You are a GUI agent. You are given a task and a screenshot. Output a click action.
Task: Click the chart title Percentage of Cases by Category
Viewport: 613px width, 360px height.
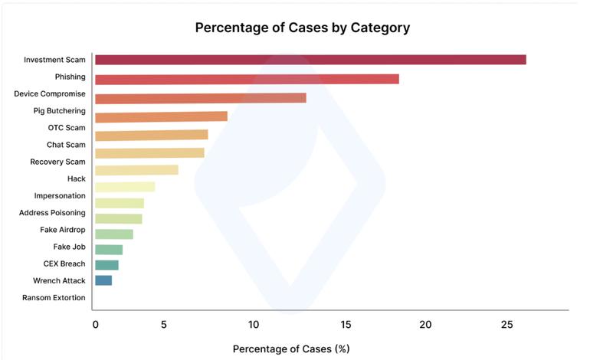(302, 28)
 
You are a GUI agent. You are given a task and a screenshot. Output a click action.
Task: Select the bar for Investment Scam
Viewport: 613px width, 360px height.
(310, 60)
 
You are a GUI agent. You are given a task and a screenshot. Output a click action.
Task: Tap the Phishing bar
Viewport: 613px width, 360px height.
(247, 79)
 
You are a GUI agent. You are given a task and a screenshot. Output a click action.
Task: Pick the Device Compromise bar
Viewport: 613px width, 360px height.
(200, 98)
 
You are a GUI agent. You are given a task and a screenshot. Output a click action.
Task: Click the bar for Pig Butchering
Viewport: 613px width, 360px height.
(161, 116)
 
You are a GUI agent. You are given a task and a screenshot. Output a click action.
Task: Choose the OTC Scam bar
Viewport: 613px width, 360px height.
(151, 135)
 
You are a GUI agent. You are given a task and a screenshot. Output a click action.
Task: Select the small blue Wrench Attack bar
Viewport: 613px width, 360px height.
(103, 280)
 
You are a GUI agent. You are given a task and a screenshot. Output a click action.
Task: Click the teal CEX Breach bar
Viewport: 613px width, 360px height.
(107, 264)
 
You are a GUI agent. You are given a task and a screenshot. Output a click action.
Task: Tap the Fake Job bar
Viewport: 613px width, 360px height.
(109, 249)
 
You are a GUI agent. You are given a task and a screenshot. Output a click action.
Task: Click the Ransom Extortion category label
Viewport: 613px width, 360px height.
(54, 297)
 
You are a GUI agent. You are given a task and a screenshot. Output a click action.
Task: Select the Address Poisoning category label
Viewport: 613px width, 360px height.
(52, 212)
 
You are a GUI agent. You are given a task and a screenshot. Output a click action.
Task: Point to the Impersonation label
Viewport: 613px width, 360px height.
(60, 195)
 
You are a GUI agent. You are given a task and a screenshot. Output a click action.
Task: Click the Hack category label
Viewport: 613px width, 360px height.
(77, 178)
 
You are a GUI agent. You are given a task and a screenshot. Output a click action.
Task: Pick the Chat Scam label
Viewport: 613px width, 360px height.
(66, 144)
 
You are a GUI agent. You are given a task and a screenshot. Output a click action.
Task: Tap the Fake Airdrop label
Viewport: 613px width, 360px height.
(63, 230)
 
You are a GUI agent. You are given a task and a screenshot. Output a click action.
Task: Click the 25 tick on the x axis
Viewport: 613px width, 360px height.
(506, 325)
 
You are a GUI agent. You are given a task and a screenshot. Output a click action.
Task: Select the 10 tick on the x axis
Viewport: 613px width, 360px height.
(254, 325)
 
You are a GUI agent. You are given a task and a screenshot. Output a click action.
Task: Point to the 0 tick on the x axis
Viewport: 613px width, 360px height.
(95, 325)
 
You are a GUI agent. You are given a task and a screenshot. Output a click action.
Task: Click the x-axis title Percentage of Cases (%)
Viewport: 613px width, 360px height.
(291, 349)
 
